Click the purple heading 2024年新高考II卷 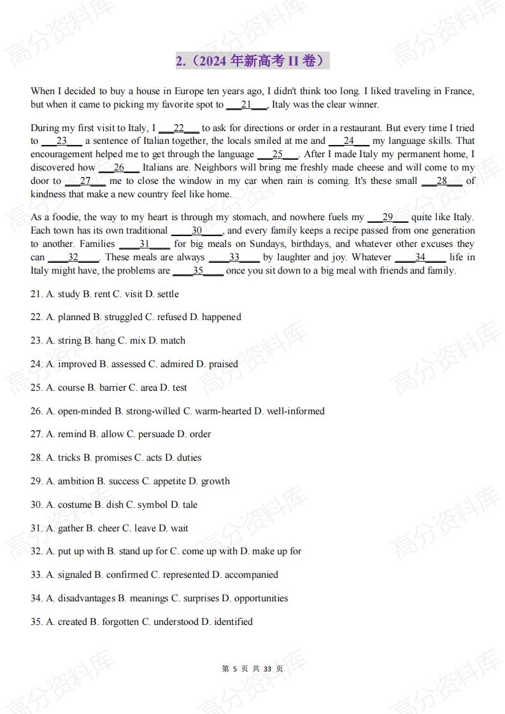pos(252,61)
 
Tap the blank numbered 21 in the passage pos(246,104)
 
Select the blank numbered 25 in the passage pos(278,154)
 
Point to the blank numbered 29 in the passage pos(387,217)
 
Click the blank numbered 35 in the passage pos(198,270)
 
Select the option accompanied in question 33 pos(245,575)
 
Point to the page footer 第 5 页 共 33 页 pos(252,669)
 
